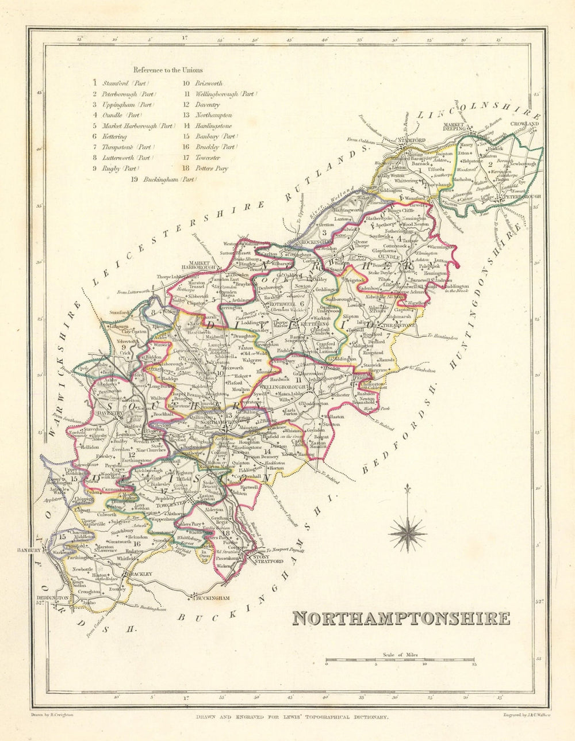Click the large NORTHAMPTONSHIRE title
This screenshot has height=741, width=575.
point(401,618)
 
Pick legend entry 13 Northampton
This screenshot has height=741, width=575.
point(208,115)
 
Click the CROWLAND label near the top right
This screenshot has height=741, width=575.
point(527,124)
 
